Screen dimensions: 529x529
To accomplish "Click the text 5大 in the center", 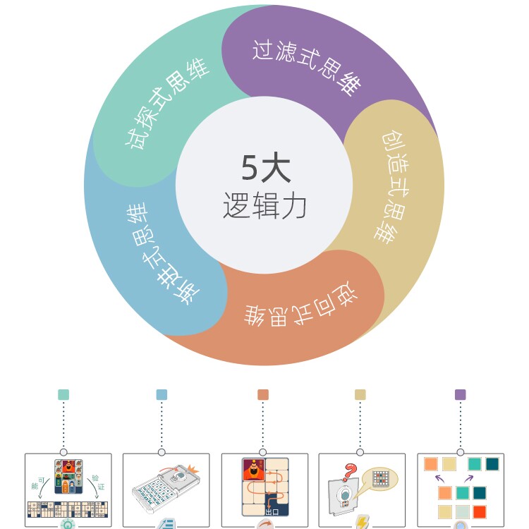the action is [x=265, y=169].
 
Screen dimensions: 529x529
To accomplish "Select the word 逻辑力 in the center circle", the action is [x=264, y=205].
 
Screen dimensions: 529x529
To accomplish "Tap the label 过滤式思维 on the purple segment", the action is [x=306, y=67].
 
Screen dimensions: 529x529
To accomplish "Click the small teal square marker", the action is [x=63, y=395].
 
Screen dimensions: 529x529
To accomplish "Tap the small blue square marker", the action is [x=162, y=395].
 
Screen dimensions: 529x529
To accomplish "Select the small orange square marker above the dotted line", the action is [x=263, y=395].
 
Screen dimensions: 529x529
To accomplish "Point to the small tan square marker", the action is [x=360, y=395].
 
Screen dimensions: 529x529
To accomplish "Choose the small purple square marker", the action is [x=461, y=395].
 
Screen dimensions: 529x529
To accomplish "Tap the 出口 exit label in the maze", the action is [x=271, y=511].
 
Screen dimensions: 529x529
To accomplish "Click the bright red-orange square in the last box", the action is [x=480, y=511].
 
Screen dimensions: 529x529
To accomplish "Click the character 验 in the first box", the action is [x=95, y=478].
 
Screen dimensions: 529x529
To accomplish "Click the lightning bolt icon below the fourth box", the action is [x=362, y=523].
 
